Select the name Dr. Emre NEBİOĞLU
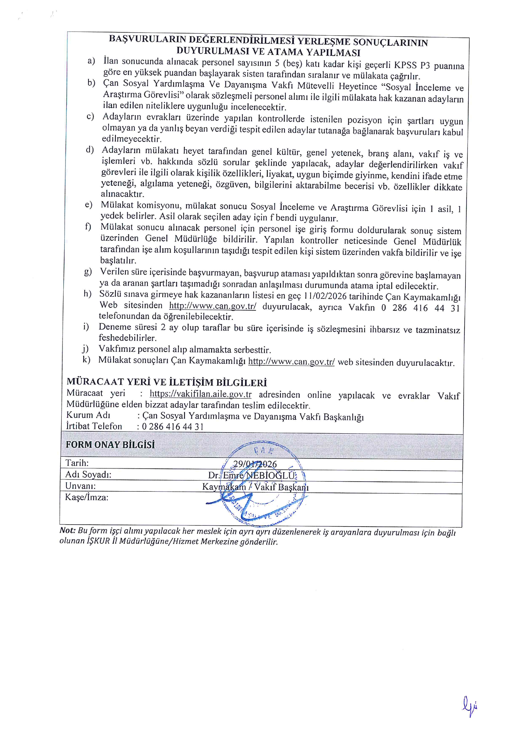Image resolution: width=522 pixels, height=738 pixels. coord(252,475)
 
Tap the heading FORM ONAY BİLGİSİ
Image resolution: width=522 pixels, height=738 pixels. coord(110,444)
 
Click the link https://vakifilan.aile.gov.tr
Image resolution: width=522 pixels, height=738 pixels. coord(201,394)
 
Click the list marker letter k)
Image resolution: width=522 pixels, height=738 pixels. coord(86,359)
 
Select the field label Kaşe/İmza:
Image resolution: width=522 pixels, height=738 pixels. coord(87,497)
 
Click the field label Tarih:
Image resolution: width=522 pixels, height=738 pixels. coord(77,463)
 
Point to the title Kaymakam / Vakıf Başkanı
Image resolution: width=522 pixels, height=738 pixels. coord(256,487)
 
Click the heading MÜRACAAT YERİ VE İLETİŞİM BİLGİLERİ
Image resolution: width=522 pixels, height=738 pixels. coord(167,382)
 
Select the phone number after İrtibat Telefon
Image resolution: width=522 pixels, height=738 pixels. coord(173,426)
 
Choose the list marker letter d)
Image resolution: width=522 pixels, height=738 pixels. coord(90,150)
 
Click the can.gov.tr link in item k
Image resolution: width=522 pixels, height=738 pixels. coord(291,362)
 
